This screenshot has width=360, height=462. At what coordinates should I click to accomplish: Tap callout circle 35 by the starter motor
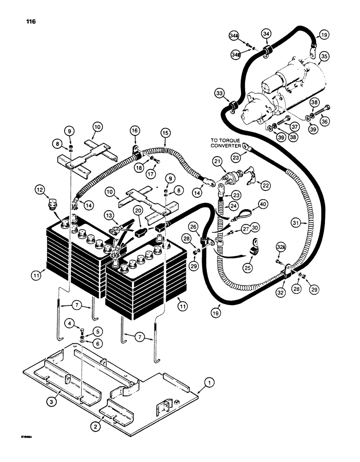coord(324,57)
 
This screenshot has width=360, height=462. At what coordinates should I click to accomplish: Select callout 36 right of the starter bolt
coord(326,122)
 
